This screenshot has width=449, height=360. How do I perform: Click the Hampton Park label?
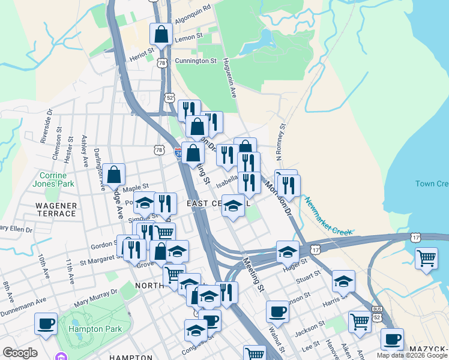(x=95, y=329)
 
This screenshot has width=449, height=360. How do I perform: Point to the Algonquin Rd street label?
(x=193, y=9)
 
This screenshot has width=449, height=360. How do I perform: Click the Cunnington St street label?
(x=196, y=61)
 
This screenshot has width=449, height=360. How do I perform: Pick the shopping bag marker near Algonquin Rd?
(x=161, y=34)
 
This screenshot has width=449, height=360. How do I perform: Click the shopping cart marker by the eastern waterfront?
(x=426, y=259)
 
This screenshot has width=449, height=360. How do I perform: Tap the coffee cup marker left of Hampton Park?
(x=46, y=324)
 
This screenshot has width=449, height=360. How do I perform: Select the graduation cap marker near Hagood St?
(x=288, y=251)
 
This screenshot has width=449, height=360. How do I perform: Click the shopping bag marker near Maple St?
(x=114, y=175)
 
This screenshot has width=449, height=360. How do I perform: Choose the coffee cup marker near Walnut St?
(x=277, y=311)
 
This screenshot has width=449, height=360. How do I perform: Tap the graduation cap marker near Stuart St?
(x=343, y=281)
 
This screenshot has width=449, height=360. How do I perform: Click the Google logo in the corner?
(x=20, y=352)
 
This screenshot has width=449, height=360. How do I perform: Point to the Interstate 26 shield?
(x=179, y=153)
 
